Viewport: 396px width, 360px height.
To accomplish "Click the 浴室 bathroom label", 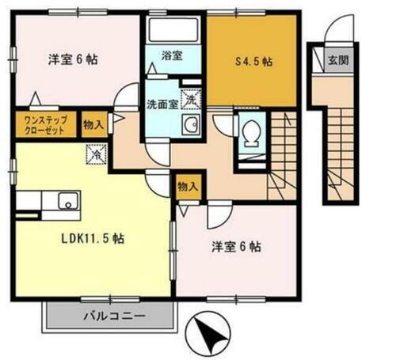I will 173,55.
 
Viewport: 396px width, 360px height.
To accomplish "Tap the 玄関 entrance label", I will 340,59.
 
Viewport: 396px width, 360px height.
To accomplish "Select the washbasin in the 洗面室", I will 190,125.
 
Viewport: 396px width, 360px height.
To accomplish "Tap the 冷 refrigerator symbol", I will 94,156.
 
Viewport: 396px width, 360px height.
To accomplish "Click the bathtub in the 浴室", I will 172,32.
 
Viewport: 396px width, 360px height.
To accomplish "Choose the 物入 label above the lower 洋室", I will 188,188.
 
